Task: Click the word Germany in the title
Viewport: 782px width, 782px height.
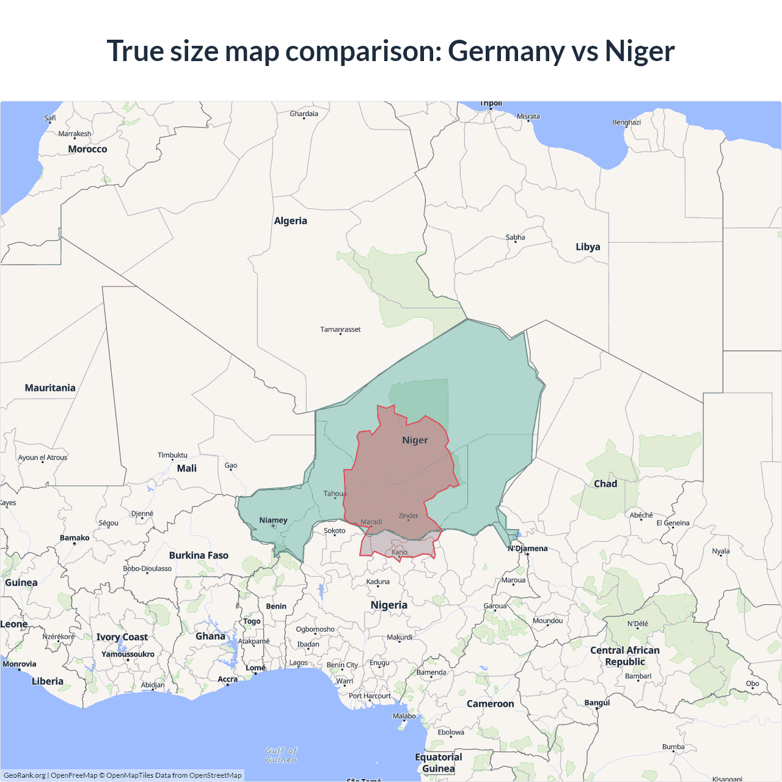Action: click(506, 51)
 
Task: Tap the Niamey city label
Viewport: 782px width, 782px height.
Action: click(273, 521)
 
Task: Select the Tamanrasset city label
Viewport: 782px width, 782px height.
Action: click(340, 329)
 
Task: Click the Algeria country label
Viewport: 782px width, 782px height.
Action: click(290, 221)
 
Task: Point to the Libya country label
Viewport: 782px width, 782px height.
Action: click(588, 247)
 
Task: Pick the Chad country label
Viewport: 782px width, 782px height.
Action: click(605, 484)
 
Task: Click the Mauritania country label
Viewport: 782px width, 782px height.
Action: click(50, 388)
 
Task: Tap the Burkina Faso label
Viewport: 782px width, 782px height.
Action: click(199, 555)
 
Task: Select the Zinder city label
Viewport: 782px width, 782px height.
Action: click(408, 516)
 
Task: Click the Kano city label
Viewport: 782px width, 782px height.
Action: click(399, 552)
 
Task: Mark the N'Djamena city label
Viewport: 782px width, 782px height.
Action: click(528, 549)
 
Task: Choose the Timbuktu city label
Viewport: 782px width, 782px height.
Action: click(172, 455)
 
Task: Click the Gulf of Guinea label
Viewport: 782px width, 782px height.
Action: click(282, 755)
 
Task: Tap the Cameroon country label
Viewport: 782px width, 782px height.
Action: click(490, 704)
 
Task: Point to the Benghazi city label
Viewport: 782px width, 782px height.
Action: click(626, 122)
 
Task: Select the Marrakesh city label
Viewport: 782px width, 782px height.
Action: click(75, 134)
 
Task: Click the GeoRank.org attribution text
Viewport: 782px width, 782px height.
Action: click(24, 775)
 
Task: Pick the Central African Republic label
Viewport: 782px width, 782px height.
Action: click(624, 656)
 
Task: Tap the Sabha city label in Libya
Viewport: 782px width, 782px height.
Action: click(515, 237)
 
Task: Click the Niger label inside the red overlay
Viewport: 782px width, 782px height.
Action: click(415, 440)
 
